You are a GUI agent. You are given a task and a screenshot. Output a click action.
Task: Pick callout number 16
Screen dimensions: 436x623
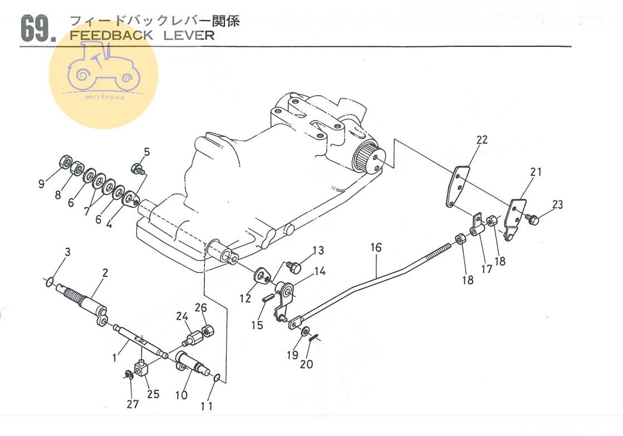click(376, 247)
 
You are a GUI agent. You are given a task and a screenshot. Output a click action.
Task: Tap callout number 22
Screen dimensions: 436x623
click(482, 140)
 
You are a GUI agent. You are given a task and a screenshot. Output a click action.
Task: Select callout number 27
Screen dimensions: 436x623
click(132, 404)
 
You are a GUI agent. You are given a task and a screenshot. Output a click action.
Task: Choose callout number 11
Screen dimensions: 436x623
click(207, 406)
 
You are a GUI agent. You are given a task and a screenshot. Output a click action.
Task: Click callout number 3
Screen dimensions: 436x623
click(67, 252)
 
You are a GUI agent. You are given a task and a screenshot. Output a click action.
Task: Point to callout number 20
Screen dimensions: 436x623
click(306, 364)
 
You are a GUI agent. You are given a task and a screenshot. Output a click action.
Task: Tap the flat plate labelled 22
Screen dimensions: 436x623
click(457, 187)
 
